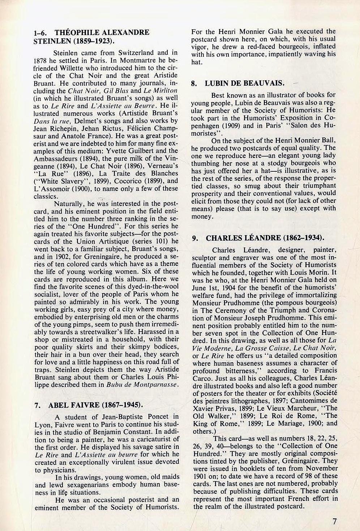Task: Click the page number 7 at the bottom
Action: pyautogui.click(x=335, y=521)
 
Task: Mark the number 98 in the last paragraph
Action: pyautogui.click(x=297, y=476)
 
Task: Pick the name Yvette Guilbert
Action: pyautogui.click(x=125, y=151)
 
